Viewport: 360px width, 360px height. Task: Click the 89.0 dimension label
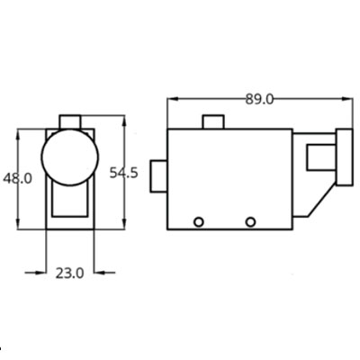tap(259, 99)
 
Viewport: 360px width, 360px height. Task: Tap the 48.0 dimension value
tap(17, 179)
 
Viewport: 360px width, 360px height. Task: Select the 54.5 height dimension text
tap(123, 173)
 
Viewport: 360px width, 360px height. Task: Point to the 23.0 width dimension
tap(69, 274)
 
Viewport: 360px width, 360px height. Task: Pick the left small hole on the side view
tap(199, 222)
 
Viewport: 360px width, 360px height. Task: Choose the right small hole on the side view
tap(250, 222)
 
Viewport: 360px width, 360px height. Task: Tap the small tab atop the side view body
tap(213, 122)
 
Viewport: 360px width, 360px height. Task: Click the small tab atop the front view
tap(70, 122)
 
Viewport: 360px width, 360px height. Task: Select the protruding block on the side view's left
tap(158, 176)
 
